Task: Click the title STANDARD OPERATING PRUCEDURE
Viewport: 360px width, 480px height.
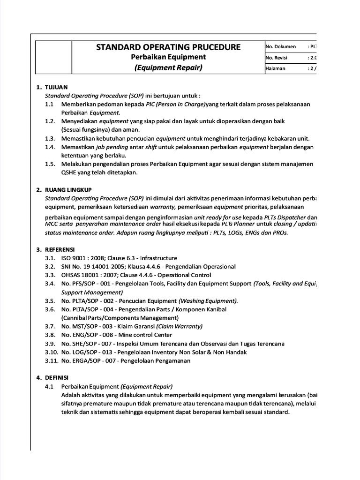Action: pos(168,47)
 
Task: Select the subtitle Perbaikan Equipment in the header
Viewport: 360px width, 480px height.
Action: pos(168,57)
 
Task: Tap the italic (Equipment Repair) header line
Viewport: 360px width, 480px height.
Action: pos(168,67)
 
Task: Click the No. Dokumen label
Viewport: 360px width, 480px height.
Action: pos(281,47)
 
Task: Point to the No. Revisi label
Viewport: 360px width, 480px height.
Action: pos(277,58)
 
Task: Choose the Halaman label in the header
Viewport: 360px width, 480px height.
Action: pos(276,68)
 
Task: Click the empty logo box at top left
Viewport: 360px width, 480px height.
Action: pos(53,57)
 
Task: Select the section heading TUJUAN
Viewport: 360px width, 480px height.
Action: pos(56,87)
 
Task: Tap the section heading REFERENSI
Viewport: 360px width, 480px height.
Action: pos(60,249)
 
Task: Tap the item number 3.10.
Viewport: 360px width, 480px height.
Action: pos(52,352)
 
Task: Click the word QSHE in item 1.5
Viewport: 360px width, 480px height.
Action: pos(69,172)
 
